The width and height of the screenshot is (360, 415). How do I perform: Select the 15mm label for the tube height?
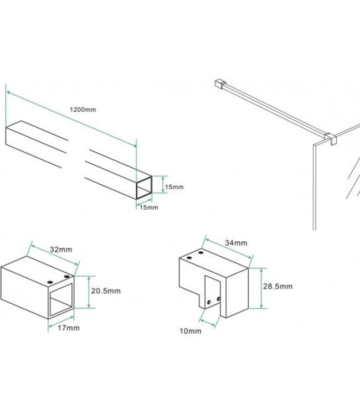[x=174, y=188]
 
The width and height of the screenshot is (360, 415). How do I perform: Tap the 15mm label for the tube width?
[x=149, y=207]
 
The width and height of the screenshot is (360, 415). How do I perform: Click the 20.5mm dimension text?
[x=107, y=290]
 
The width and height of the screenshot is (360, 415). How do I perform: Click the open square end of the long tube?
[x=145, y=188]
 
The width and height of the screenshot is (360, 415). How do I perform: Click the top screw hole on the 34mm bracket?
[x=191, y=258]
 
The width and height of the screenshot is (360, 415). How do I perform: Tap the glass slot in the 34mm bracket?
[x=213, y=299]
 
